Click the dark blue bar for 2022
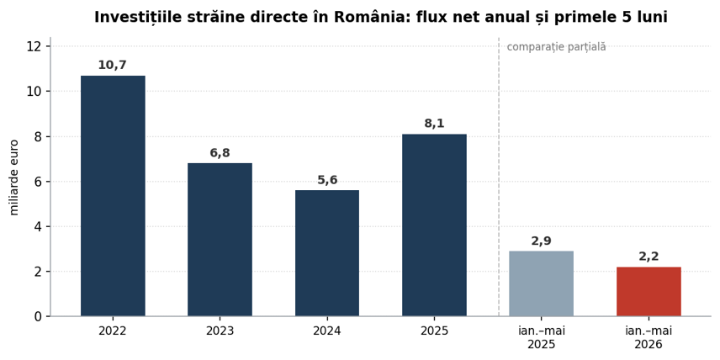(113, 196)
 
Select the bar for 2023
(220, 239)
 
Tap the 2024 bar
(327, 253)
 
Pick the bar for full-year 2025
(434, 225)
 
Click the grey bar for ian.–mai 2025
(542, 283)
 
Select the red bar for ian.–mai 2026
(649, 291)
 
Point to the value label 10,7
(113, 66)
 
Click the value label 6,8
(220, 153)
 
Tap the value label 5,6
(327, 181)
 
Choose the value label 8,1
(434, 124)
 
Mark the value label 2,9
(542, 241)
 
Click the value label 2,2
(649, 257)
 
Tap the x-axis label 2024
(327, 331)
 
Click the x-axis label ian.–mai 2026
(649, 337)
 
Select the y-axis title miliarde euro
(14, 177)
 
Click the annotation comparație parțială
(557, 47)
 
